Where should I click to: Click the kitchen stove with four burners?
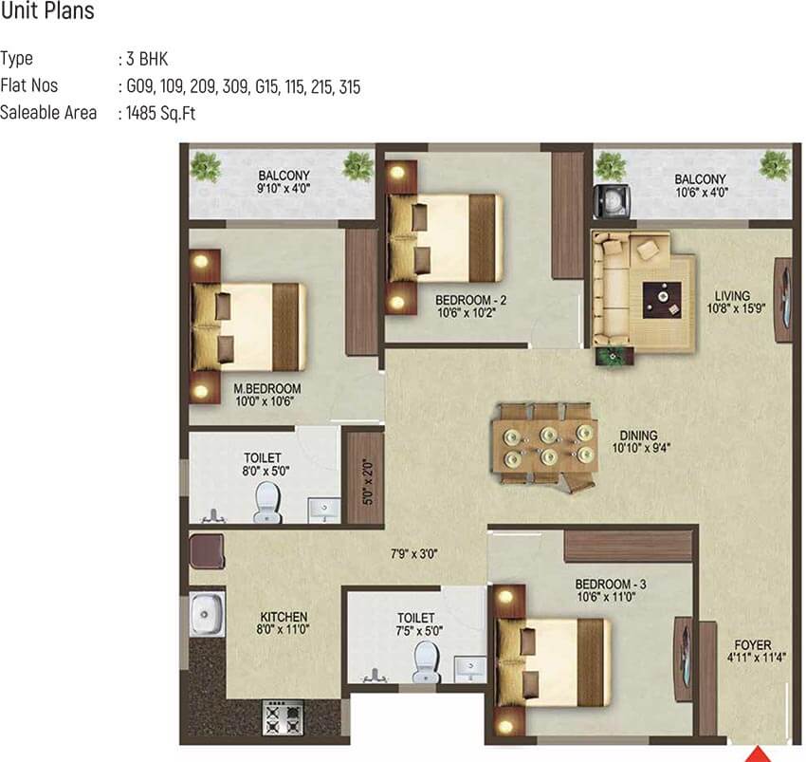coord(284,717)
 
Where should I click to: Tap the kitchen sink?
coord(207,614)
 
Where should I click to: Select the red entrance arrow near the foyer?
coord(759,754)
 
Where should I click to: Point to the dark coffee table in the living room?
coord(662,300)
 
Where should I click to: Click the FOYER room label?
coord(753,644)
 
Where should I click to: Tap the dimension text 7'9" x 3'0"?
coord(413,554)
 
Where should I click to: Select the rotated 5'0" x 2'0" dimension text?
coord(368,482)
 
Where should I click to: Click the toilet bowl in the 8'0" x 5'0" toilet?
coord(267,501)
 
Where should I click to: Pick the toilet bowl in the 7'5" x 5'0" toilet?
coord(427,661)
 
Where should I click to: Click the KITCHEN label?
coord(284,617)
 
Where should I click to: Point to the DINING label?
coord(638,436)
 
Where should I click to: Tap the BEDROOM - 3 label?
coord(610,584)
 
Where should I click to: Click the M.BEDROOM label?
coord(267,388)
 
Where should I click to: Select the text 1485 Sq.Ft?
coord(161,113)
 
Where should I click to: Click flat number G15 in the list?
coord(267,86)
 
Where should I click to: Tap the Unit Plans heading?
coord(47,10)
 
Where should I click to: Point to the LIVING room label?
coord(732,296)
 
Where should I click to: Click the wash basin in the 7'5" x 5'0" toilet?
coord(470,668)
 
